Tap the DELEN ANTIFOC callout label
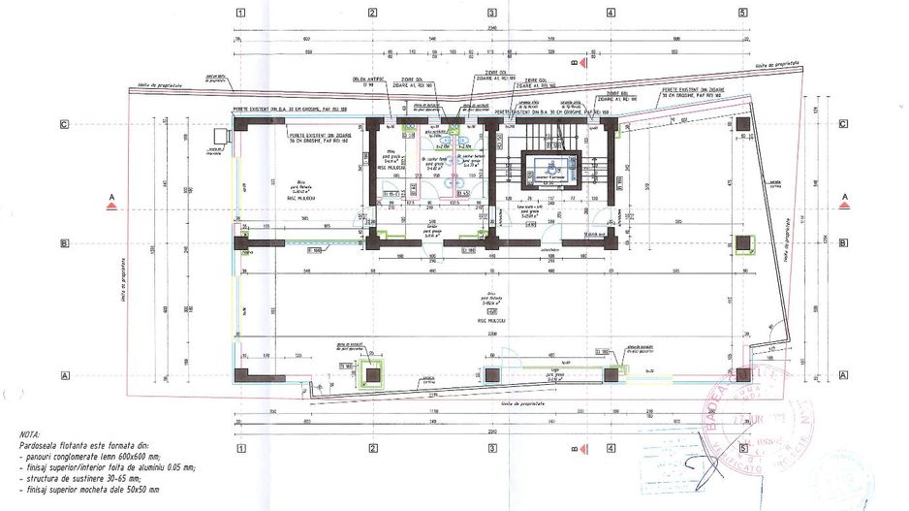[x=374, y=80]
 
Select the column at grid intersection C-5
[x=741, y=125]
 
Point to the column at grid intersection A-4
[x=611, y=373]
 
